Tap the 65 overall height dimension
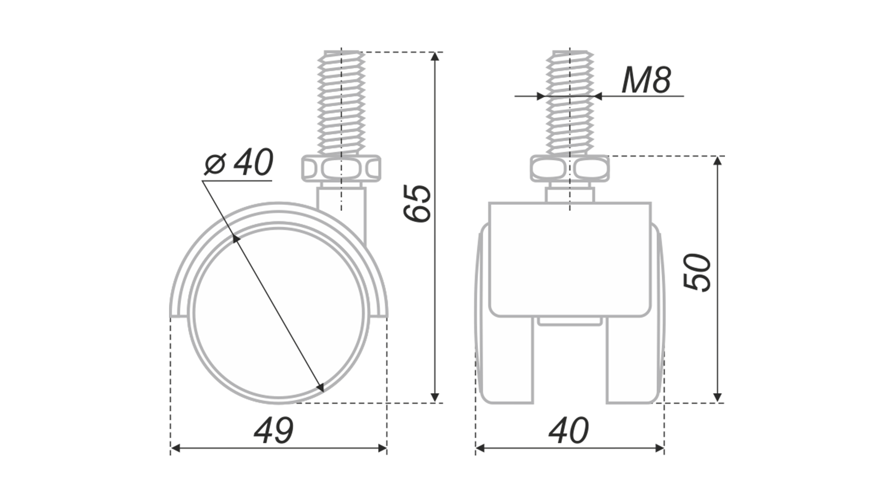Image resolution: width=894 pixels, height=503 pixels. click(x=417, y=203)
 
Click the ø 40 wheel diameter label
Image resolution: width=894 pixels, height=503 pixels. click(x=238, y=163)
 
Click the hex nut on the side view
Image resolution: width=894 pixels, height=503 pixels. click(x=341, y=169)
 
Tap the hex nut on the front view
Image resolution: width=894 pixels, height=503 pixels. click(x=570, y=169)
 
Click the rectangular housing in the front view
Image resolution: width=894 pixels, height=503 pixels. click(x=570, y=259)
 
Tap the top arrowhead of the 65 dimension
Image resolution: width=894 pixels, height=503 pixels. click(x=435, y=56)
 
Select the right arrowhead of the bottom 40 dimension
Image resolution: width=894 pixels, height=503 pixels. click(x=659, y=449)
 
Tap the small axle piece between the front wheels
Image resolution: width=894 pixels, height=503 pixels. click(x=570, y=321)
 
